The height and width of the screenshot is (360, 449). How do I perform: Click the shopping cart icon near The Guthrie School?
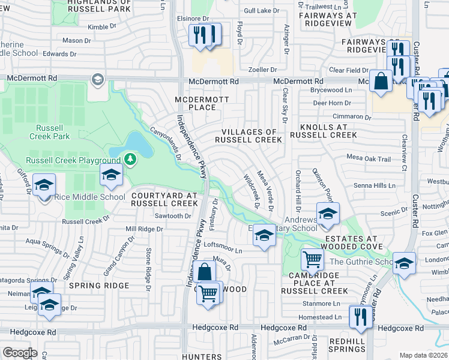tap(312, 260)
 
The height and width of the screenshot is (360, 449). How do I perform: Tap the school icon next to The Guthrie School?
tap(404, 263)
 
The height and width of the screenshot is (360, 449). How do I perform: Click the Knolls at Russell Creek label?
tap(324, 131)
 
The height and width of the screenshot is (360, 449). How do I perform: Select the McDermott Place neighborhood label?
tap(195, 103)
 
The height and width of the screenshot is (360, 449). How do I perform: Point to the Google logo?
tap(20, 353)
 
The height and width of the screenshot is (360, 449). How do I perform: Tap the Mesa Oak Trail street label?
tap(369, 159)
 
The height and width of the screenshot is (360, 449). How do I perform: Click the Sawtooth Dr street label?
tap(173, 216)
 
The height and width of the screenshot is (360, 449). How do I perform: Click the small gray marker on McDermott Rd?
tap(97, 79)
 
